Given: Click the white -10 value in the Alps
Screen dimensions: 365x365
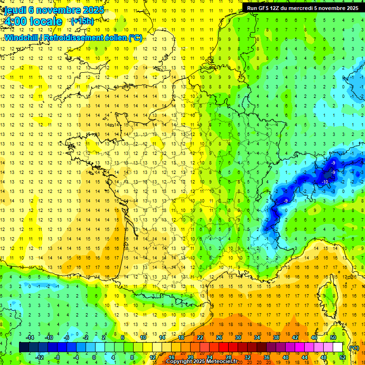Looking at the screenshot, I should point(326,182).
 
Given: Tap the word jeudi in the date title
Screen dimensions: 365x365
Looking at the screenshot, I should point(14,10).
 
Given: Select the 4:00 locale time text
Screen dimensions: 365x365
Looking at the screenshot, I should point(33,21).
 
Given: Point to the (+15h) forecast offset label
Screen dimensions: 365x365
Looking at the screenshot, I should point(82,21).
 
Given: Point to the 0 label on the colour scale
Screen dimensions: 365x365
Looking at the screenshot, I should point(94,357).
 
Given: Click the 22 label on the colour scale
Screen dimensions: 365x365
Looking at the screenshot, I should point(200,337).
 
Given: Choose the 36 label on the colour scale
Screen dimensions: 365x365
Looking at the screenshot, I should point(267,357).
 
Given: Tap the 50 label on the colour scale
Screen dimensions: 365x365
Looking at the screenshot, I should point(333,337).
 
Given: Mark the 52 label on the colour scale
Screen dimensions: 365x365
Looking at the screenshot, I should point(343,357).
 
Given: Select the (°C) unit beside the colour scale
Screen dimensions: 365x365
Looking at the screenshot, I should point(354,347).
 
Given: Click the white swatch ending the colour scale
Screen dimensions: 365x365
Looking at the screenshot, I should point(338,347).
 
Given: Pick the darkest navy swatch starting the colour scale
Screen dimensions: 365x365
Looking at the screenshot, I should point(24,347).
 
